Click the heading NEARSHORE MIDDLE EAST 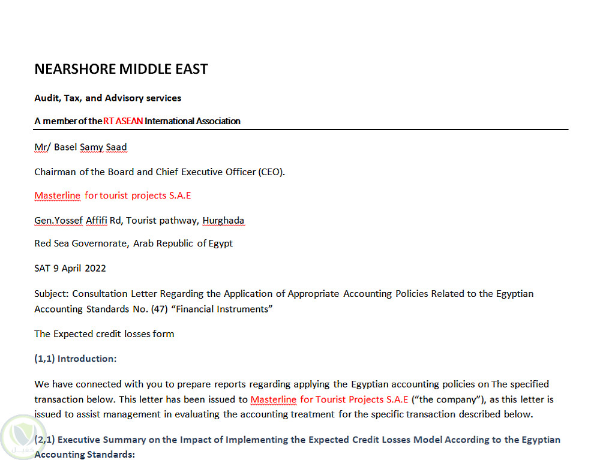pos(121,69)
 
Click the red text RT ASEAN pos(123,121)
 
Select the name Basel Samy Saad pos(91,147)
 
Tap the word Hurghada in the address pos(223,221)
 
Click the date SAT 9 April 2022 pos(70,268)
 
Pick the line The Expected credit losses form pos(104,333)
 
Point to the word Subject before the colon pos(51,294)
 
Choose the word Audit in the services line pos(46,98)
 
